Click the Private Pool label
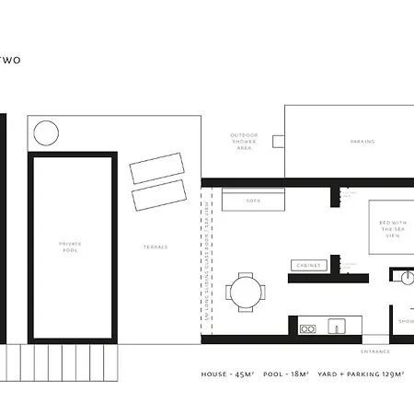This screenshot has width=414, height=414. [70, 246]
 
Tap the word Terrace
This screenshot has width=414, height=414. [155, 247]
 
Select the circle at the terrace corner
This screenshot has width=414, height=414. [45, 133]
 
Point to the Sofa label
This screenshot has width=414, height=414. [253, 200]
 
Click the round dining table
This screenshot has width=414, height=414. [247, 293]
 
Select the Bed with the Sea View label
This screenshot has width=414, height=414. [387, 229]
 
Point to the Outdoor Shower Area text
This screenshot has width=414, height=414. [244, 142]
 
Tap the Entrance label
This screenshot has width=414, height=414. [375, 351]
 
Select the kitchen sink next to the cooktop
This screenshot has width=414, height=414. [337, 326]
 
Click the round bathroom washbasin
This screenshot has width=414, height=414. [406, 275]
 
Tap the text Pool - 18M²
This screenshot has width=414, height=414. [287, 375]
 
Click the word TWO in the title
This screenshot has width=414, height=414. [11, 61]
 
